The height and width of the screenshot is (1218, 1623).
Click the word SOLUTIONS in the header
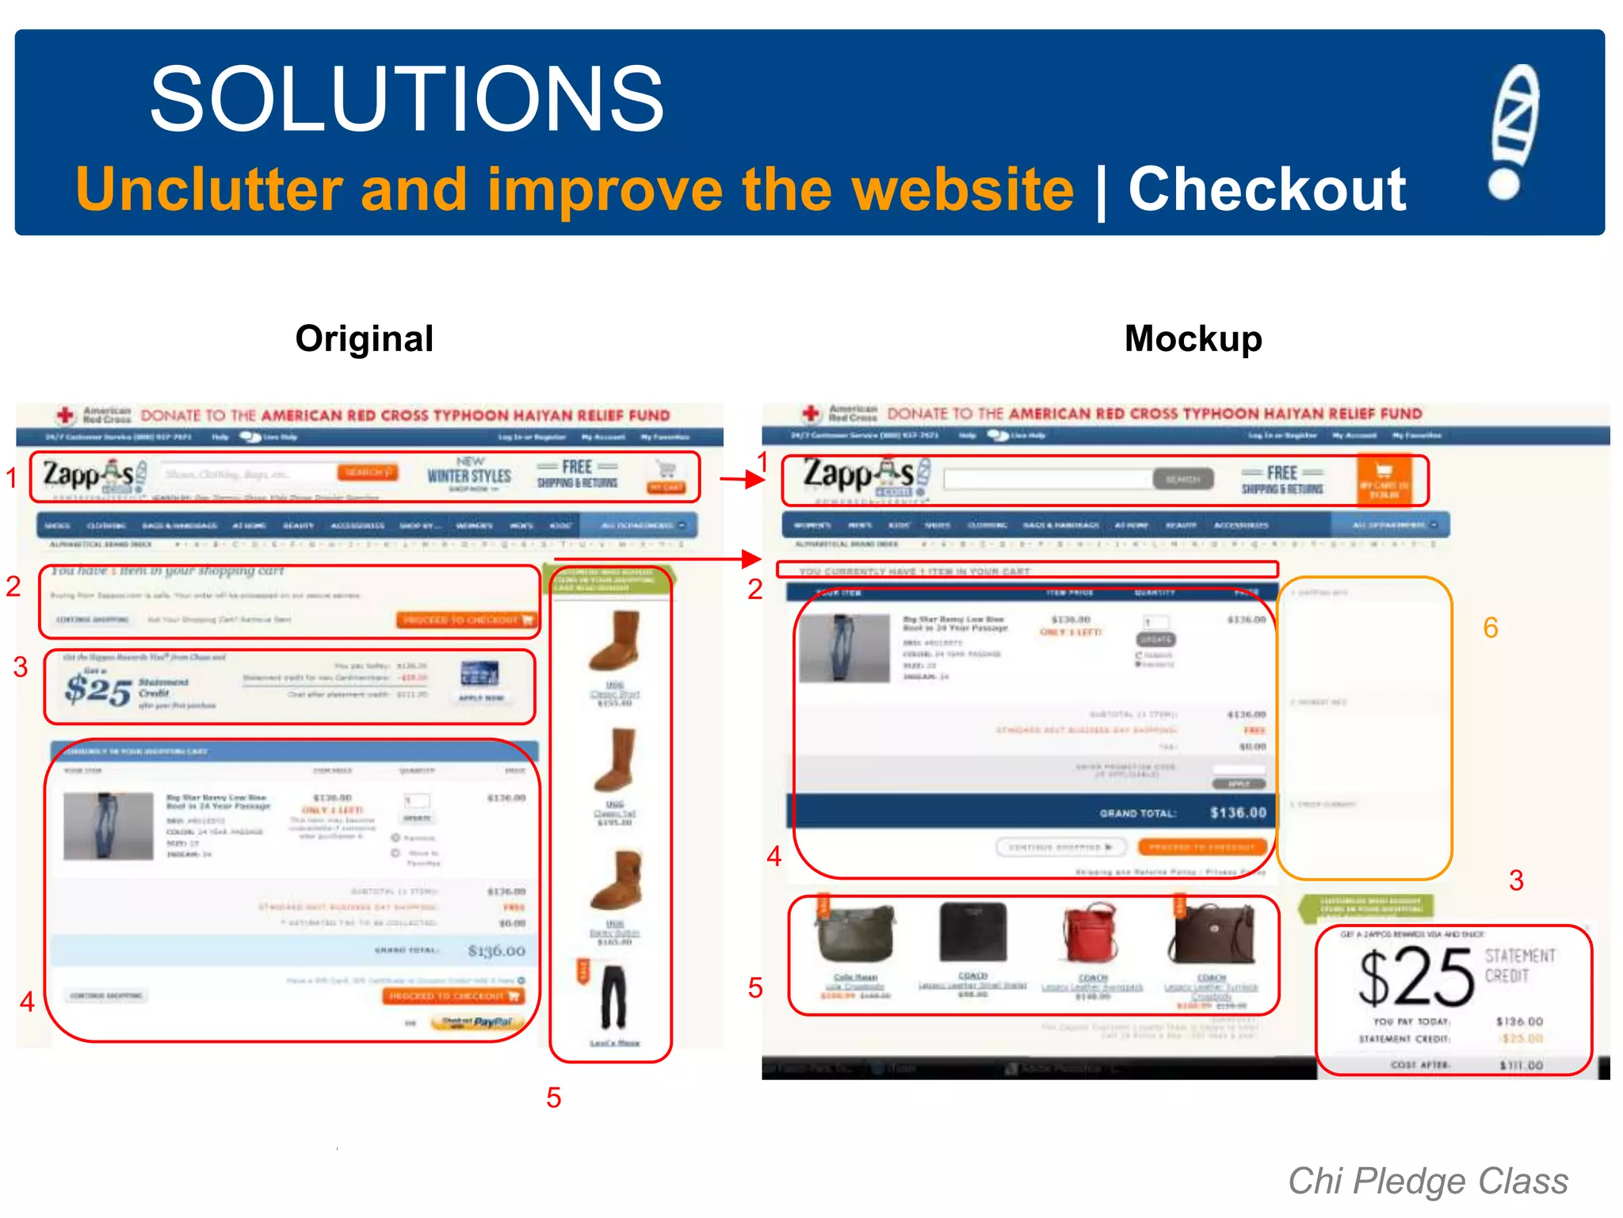[x=407, y=100]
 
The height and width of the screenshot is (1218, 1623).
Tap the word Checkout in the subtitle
[x=1266, y=189]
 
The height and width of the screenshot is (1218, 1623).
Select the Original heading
[x=364, y=339]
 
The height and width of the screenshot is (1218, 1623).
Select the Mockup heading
[x=1193, y=339]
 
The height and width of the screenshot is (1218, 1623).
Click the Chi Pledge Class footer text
[x=1427, y=1181]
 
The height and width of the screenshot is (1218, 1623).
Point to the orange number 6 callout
[x=1490, y=628]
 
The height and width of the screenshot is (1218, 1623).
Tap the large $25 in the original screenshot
[x=97, y=689]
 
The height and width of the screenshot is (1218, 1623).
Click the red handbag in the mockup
[x=1093, y=935]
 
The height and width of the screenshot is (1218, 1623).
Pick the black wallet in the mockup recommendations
[x=972, y=932]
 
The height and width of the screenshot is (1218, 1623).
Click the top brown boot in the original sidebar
[x=615, y=642]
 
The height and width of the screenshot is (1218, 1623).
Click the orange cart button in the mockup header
[x=1384, y=479]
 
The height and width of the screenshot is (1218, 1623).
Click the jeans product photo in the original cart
[x=108, y=827]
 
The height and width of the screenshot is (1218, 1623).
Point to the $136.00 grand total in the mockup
[x=1238, y=813]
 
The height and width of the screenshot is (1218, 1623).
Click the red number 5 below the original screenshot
[x=553, y=1098]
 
